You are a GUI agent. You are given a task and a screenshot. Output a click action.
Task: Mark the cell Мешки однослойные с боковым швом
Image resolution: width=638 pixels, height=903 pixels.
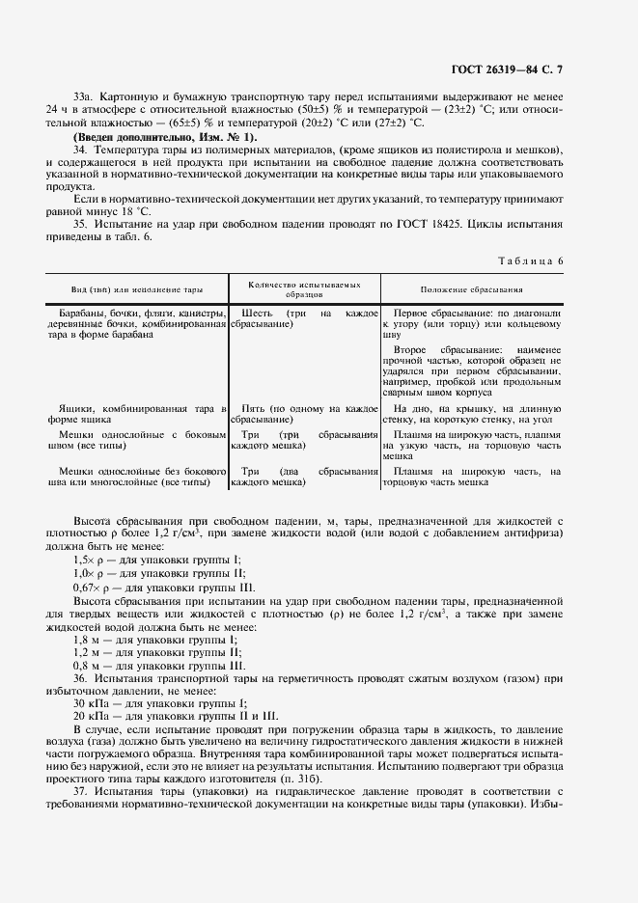136,440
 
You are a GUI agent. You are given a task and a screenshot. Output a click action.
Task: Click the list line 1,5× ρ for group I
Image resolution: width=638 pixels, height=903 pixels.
157,560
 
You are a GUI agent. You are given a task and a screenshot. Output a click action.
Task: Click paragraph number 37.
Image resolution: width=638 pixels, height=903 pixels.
82,792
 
